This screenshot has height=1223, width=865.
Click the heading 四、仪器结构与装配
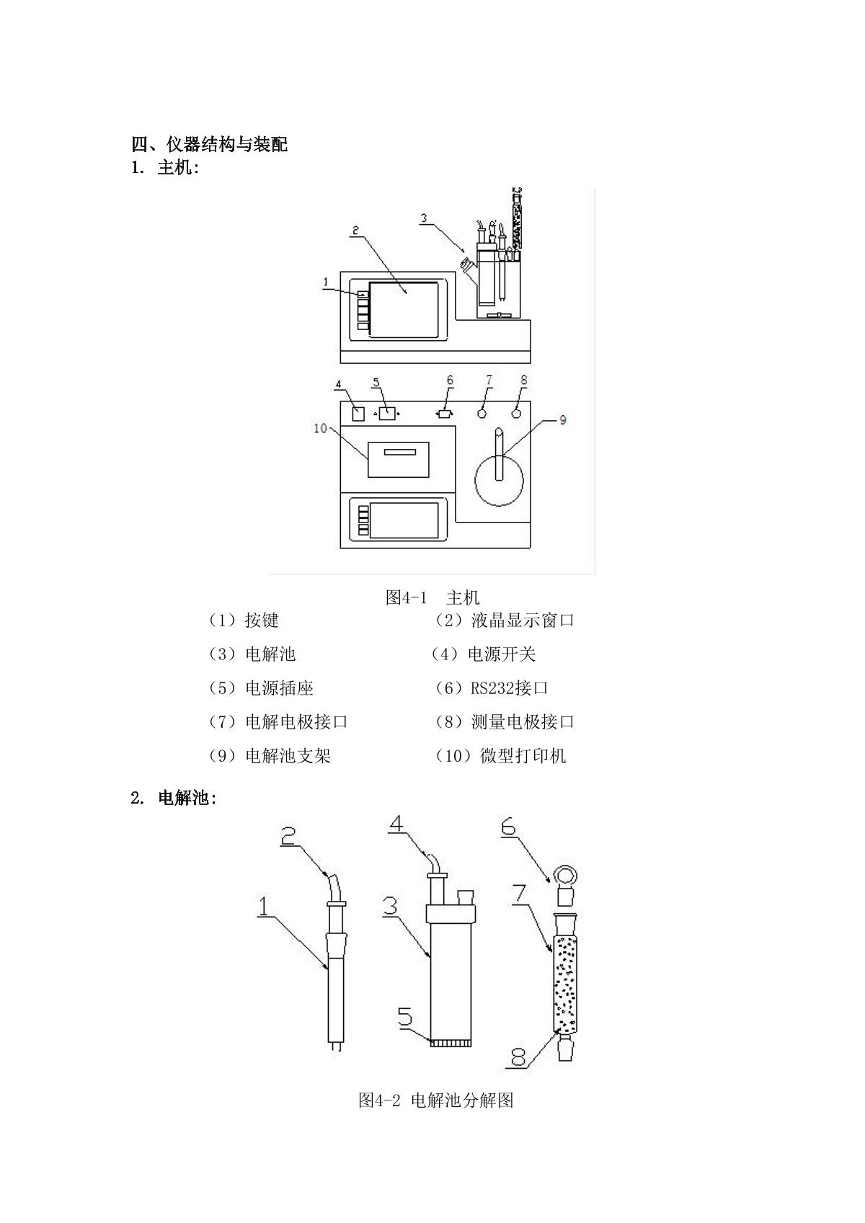coord(209,144)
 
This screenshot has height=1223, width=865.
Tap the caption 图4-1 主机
coord(432,597)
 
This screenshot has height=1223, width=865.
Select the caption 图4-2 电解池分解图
coord(436,1100)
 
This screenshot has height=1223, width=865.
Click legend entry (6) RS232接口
coord(492,688)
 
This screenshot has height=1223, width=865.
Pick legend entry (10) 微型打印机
coord(501,756)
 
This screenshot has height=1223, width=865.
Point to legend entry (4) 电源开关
coord(484,654)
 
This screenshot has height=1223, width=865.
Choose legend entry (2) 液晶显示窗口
coord(505,621)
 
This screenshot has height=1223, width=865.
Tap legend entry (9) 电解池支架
coord(270,756)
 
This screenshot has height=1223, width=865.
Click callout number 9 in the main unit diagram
coord(562,419)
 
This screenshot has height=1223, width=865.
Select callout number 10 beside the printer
coord(320,428)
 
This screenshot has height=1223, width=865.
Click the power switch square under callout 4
coord(358,414)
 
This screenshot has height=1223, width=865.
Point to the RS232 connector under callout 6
coord(445,414)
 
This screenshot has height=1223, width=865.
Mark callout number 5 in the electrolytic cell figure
coord(405,1017)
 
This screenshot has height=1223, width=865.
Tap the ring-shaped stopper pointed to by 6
coord(565,877)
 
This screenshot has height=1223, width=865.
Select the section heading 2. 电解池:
coord(174,799)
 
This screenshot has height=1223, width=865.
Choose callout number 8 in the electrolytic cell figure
coord(519,1058)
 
